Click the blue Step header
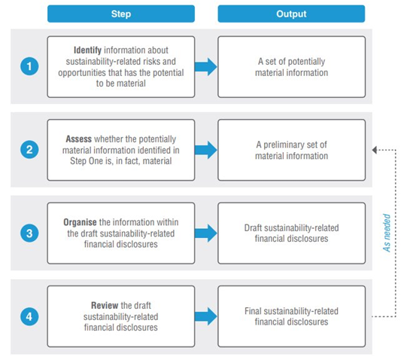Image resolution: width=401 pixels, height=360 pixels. (x=121, y=14)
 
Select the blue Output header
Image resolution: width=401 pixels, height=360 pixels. (x=291, y=14)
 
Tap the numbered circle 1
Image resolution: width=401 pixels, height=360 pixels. (x=29, y=66)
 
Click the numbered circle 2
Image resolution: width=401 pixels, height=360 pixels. (x=29, y=150)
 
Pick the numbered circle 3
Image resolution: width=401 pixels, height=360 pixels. (x=29, y=233)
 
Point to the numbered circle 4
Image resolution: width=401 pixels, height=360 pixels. (x=29, y=316)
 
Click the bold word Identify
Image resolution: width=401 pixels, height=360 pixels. (x=87, y=50)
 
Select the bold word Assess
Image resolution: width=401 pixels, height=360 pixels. (x=78, y=139)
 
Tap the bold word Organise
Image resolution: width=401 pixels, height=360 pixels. (x=80, y=222)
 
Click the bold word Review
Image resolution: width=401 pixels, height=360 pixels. (x=105, y=305)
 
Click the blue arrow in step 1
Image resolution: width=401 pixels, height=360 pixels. (x=206, y=67)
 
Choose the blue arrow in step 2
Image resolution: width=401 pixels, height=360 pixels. (x=206, y=150)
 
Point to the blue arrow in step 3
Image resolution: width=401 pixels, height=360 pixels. (x=206, y=233)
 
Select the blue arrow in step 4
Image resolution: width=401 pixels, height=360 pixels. (x=206, y=316)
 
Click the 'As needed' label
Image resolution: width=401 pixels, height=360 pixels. (x=387, y=233)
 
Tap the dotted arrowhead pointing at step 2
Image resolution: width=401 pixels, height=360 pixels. (x=375, y=150)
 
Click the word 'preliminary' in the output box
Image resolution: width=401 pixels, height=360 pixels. (x=284, y=145)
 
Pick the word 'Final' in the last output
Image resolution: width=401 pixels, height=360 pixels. (x=253, y=311)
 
